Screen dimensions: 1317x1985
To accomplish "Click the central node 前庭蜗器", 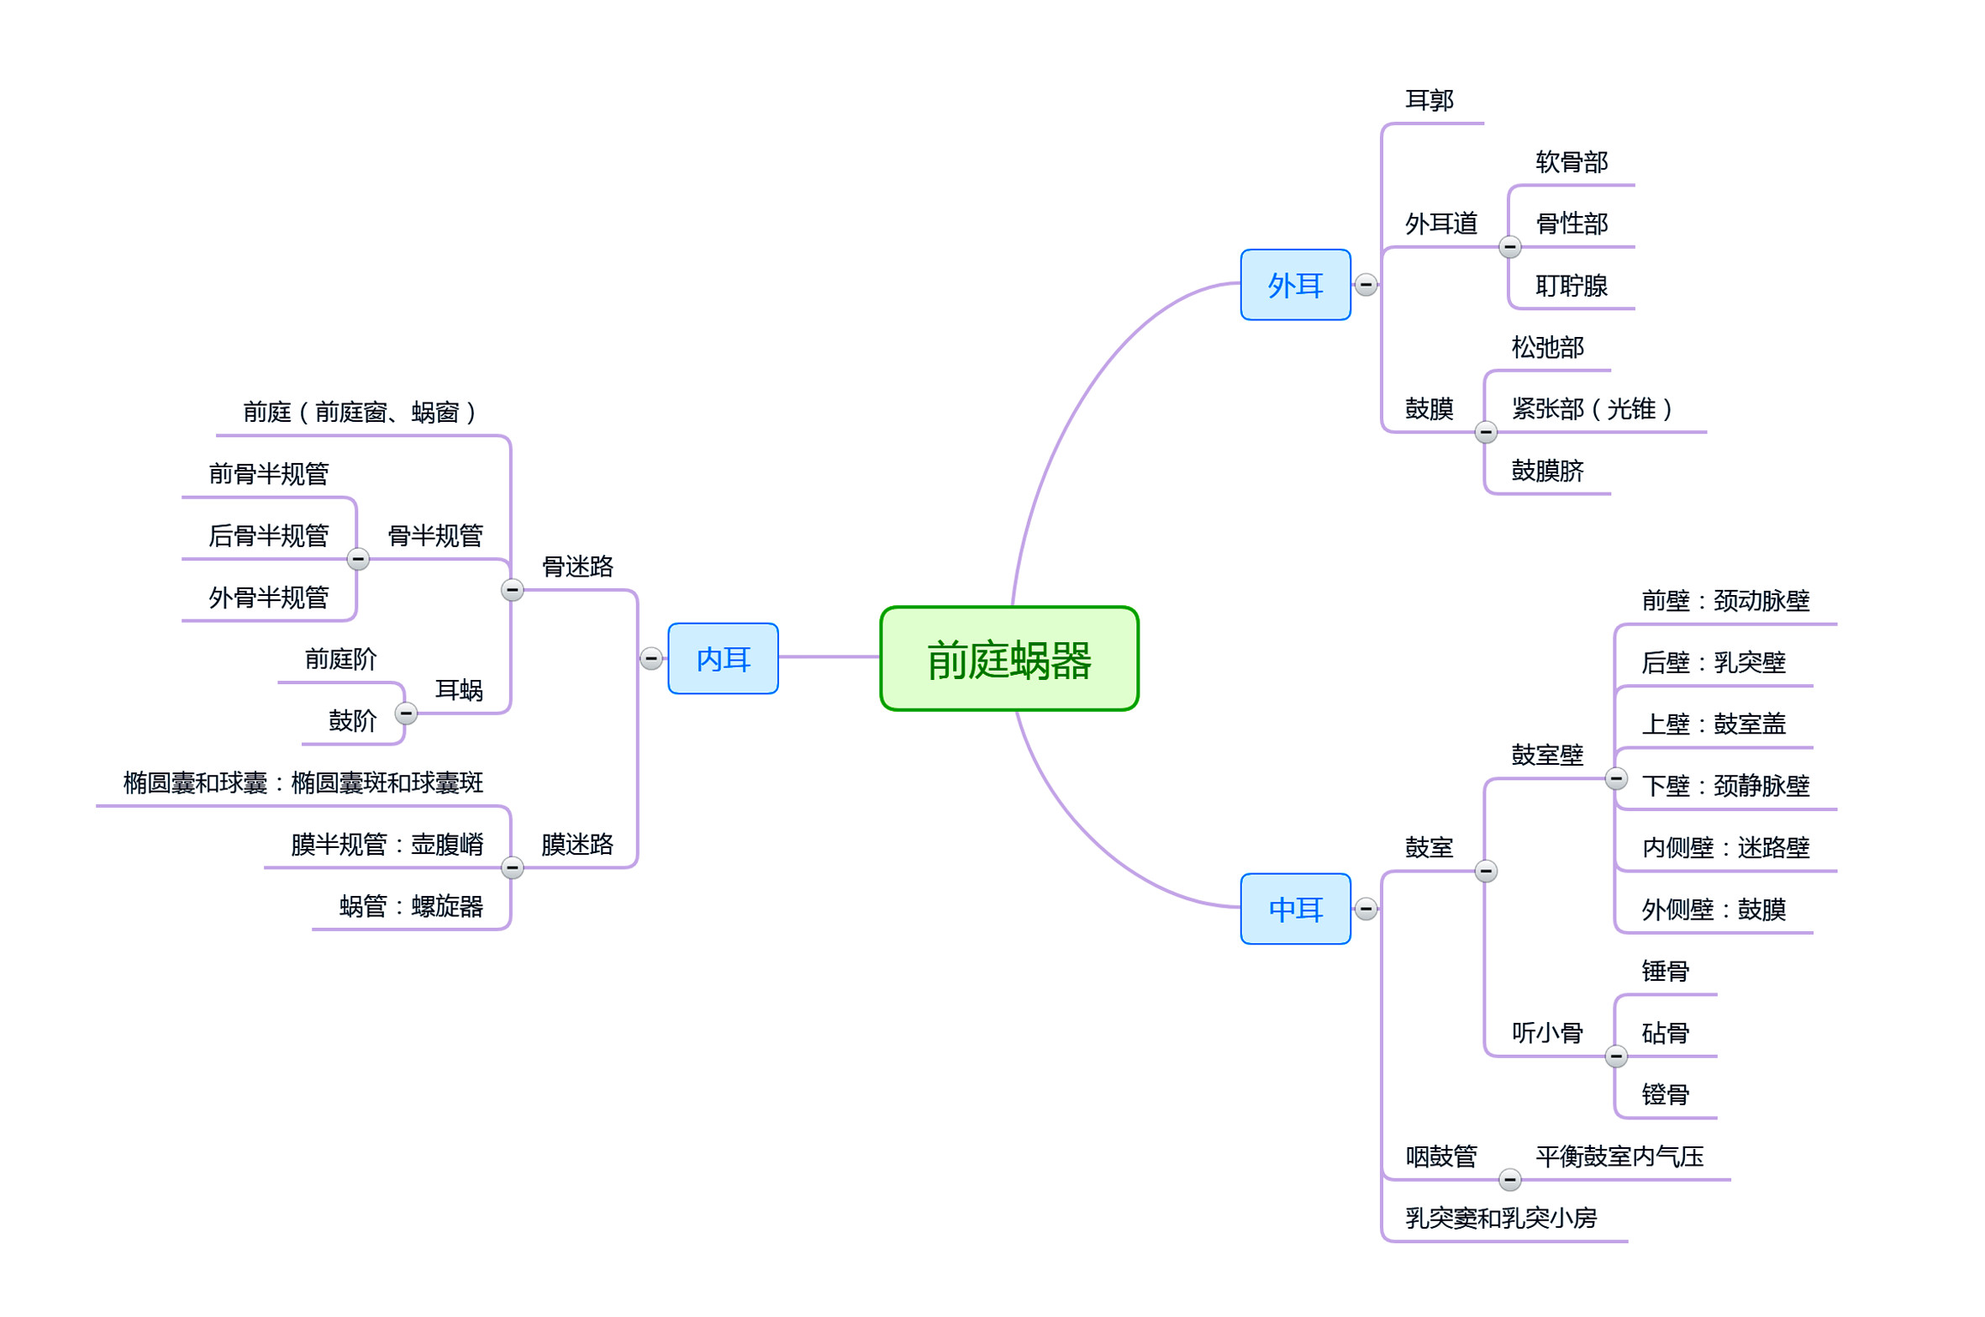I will point(1008,658).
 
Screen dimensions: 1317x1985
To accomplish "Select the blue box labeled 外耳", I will point(1295,285).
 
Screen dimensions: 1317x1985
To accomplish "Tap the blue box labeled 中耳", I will point(1295,909).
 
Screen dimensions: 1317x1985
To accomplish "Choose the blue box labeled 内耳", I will point(723,658).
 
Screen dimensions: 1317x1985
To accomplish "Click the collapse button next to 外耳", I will point(1366,285).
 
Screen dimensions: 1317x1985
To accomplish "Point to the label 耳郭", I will point(1429,101).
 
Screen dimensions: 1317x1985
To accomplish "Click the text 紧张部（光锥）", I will point(1591,409).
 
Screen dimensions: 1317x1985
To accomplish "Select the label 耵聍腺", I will point(1571,286).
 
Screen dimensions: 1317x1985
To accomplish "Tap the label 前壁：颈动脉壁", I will point(1724,601).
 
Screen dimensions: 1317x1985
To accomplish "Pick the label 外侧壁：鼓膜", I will point(1713,909).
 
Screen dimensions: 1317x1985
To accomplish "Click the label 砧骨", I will point(1665,1033).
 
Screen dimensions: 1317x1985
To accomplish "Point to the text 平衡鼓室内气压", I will point(1619,1156).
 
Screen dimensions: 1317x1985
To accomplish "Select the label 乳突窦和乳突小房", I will point(1500,1218).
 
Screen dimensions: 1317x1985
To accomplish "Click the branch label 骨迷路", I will point(577,566).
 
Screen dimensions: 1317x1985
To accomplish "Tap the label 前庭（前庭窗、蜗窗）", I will point(360,412).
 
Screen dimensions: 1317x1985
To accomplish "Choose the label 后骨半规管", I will point(268,535).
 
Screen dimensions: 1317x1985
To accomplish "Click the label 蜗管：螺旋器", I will point(411,906).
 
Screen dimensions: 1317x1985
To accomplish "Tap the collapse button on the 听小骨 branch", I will point(1615,1056).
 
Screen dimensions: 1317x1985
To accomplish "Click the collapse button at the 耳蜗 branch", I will point(406,714).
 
